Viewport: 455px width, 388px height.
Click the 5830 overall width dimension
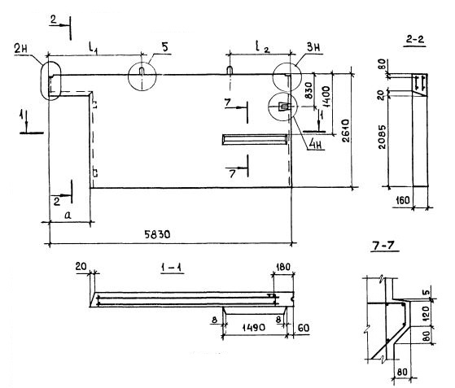[157, 234]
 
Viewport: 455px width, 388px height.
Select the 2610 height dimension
[346, 130]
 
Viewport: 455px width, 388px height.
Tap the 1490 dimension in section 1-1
[253, 328]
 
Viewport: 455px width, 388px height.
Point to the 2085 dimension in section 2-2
[383, 137]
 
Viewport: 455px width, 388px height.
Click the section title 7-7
[385, 246]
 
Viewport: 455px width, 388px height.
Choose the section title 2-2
[415, 39]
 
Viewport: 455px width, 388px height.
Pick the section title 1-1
[171, 268]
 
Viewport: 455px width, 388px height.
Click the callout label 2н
[21, 49]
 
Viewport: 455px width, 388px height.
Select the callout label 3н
[313, 47]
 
